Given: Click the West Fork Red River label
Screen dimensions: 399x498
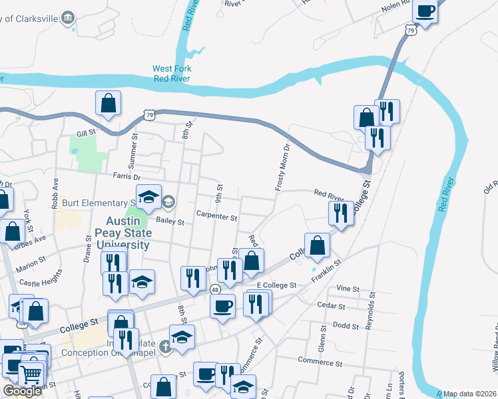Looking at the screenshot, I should [172, 73].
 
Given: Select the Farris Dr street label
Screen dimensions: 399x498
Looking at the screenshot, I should [126, 178].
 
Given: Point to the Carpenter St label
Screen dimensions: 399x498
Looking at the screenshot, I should [216, 217].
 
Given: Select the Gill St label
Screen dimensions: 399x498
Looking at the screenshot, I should [87, 133].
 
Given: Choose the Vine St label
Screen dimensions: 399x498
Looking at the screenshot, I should [348, 289].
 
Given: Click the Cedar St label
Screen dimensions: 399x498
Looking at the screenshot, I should [331, 307].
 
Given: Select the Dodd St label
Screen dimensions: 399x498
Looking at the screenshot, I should [346, 325].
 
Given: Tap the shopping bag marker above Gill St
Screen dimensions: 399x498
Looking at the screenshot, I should [108, 104].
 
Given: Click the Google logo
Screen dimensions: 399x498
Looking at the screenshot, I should [22, 391].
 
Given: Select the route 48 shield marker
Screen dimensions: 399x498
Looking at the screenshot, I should [214, 289].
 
